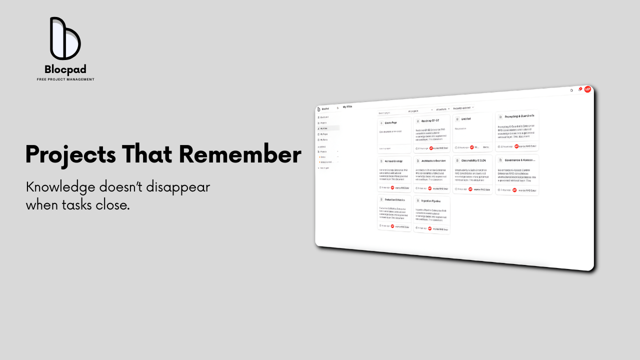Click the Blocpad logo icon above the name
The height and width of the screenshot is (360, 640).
(x=65, y=38)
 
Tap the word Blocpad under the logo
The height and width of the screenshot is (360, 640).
(x=65, y=69)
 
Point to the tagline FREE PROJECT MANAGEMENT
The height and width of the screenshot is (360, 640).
(x=65, y=79)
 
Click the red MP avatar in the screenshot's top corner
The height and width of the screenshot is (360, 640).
(x=587, y=89)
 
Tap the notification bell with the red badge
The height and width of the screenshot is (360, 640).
(x=580, y=89)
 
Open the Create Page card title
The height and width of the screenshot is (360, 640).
(x=391, y=122)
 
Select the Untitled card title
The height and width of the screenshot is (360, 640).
(x=466, y=119)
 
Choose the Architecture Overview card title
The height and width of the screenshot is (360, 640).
(x=433, y=160)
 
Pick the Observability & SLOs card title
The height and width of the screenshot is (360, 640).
(x=473, y=160)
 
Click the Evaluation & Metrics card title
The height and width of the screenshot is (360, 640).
(x=395, y=199)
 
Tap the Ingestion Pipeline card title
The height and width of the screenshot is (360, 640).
(x=430, y=200)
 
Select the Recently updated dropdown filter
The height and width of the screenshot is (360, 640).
(x=463, y=107)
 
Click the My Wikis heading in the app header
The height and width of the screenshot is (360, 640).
(x=347, y=106)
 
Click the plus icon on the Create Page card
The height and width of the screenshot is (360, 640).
(x=381, y=123)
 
